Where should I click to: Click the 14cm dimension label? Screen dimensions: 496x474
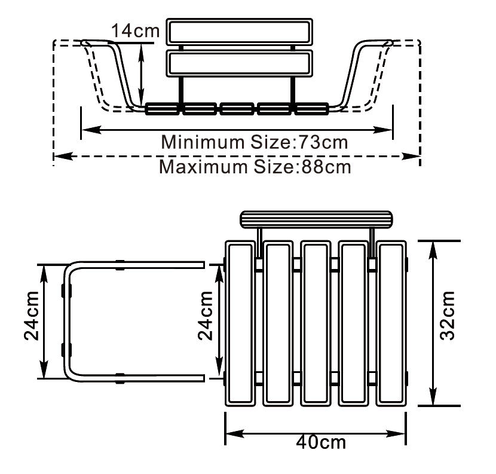tap(136, 31)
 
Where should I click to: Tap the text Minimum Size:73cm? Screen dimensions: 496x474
tap(255, 142)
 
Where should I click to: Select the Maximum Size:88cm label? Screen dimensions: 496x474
tap(255, 167)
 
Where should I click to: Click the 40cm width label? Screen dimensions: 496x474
tap(321, 442)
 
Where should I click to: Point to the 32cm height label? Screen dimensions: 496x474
tap(447, 316)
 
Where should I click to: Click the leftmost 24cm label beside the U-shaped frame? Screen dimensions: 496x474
tap(31, 316)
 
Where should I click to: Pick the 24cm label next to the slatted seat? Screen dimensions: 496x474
tap(206, 316)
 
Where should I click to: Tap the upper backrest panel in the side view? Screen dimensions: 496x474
tap(240, 32)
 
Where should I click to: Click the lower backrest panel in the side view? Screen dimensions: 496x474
tap(240, 63)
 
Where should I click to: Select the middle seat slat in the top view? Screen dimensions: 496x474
tap(316, 323)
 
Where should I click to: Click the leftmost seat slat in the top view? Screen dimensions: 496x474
tap(240, 323)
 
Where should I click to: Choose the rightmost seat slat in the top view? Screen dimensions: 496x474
tap(391, 323)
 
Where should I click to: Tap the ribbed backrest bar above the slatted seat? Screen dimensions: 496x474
tap(316, 219)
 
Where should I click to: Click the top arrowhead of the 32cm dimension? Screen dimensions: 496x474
tap(433, 250)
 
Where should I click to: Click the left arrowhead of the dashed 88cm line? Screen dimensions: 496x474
tap(63, 156)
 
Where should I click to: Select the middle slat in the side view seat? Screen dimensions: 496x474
tap(237, 109)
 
